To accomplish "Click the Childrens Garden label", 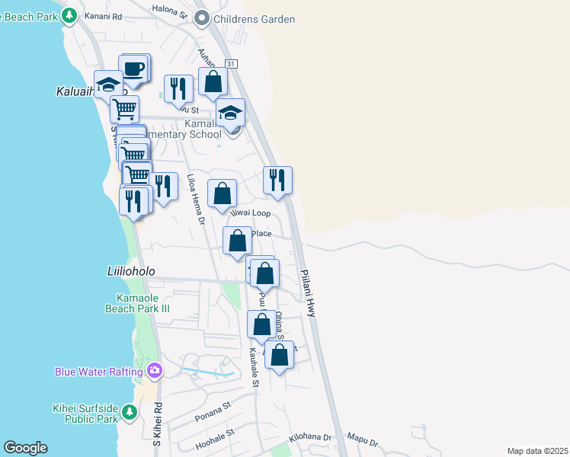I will (255, 19).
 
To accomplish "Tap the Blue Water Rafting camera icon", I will (155, 371).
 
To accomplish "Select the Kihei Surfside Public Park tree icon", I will (130, 412).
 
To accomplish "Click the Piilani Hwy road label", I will (308, 292).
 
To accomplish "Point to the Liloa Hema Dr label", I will (194, 200).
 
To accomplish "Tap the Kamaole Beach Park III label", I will (137, 303).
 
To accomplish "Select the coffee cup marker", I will (134, 68).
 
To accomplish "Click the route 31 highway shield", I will (232, 64).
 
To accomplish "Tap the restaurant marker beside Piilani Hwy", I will (278, 181).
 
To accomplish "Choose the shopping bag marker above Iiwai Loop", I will (222, 193).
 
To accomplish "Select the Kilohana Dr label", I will (311, 439).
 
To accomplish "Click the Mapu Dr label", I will (362, 440).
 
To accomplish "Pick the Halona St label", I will (171, 10).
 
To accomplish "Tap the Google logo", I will (25, 448).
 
